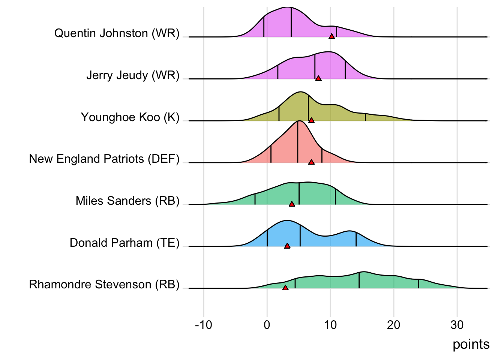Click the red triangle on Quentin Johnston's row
coord(331,36)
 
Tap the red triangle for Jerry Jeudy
coord(318,78)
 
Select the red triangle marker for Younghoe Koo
coord(311,120)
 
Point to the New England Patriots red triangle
coord(311,162)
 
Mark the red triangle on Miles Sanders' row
coord(292,204)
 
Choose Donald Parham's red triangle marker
coord(287,246)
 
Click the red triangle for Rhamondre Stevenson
coord(285,288)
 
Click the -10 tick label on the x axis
coord(204,325)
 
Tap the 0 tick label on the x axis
coord(267,325)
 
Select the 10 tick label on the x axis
coord(330,325)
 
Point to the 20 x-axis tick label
coord(394,325)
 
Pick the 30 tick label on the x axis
coord(457,325)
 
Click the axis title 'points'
coord(471,344)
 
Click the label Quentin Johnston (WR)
coord(117,33)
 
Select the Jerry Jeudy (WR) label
coord(133,75)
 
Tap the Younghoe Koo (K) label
coord(130,117)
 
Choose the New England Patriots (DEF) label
coord(104,159)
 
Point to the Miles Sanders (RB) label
coord(127,201)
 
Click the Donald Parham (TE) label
coord(124,243)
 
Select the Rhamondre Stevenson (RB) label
coord(104,285)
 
